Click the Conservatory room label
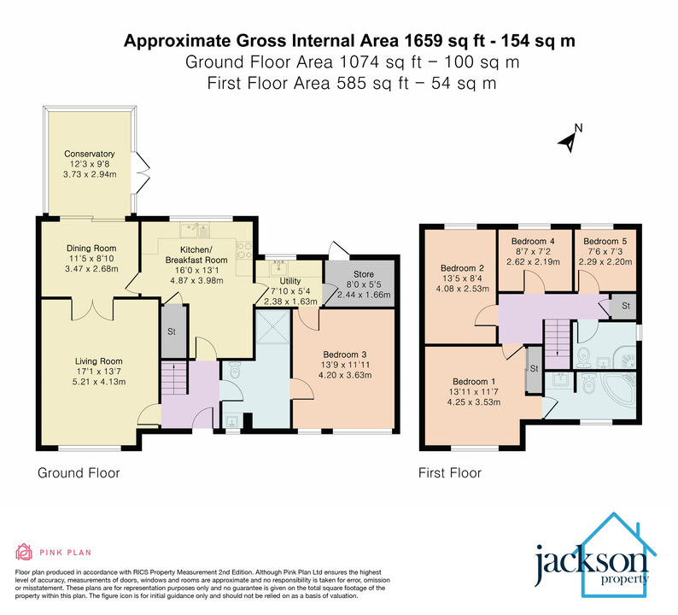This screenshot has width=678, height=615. (x=89, y=155)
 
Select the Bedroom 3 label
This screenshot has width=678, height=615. (x=346, y=355)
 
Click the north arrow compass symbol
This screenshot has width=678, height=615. (x=570, y=138)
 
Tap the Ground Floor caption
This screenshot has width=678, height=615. (x=79, y=472)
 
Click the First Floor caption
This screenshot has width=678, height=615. (x=449, y=472)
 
